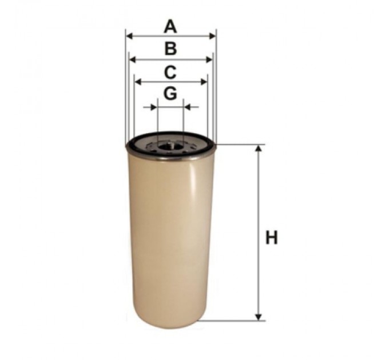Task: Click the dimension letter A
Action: pyautogui.click(x=170, y=27)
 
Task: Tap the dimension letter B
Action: pyautogui.click(x=170, y=49)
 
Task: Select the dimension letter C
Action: pyautogui.click(x=170, y=73)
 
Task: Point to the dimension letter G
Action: pyautogui.click(x=170, y=93)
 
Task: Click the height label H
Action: pyautogui.click(x=271, y=237)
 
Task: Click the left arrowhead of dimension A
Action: pyautogui.click(x=130, y=36)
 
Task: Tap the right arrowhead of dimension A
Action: pyautogui.click(x=212, y=36)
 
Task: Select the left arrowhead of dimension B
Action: pyautogui.click(x=133, y=59)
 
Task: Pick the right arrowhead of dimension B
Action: pyautogui.click(x=209, y=59)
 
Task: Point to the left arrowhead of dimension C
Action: pyautogui.click(x=138, y=82)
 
